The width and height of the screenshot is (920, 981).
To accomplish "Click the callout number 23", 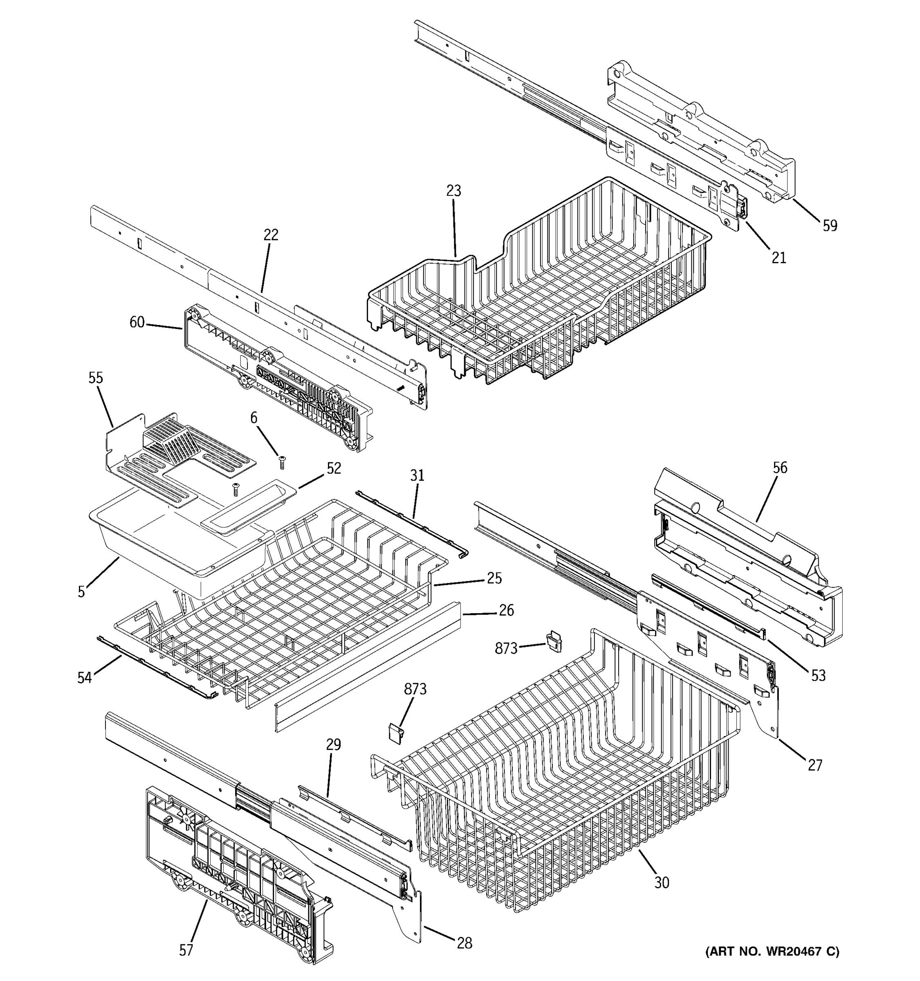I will pyautogui.click(x=453, y=190).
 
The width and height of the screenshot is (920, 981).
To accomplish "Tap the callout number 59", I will pyautogui.click(x=830, y=226).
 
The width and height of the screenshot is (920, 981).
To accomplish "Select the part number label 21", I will pyautogui.click(x=779, y=258).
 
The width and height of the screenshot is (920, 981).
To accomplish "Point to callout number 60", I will pyautogui.click(x=137, y=322).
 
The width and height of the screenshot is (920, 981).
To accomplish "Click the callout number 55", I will pyautogui.click(x=96, y=378).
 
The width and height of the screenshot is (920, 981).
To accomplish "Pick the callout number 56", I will pyautogui.click(x=780, y=467).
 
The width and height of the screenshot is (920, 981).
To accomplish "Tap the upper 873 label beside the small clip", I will pyautogui.click(x=506, y=648).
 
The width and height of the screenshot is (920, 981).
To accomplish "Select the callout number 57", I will pyautogui.click(x=186, y=950).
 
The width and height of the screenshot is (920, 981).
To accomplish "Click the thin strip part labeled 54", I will pyautogui.click(x=158, y=666).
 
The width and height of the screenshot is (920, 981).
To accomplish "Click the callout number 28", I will pyautogui.click(x=464, y=943).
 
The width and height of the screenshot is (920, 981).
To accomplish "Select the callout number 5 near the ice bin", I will pyautogui.click(x=81, y=591).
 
